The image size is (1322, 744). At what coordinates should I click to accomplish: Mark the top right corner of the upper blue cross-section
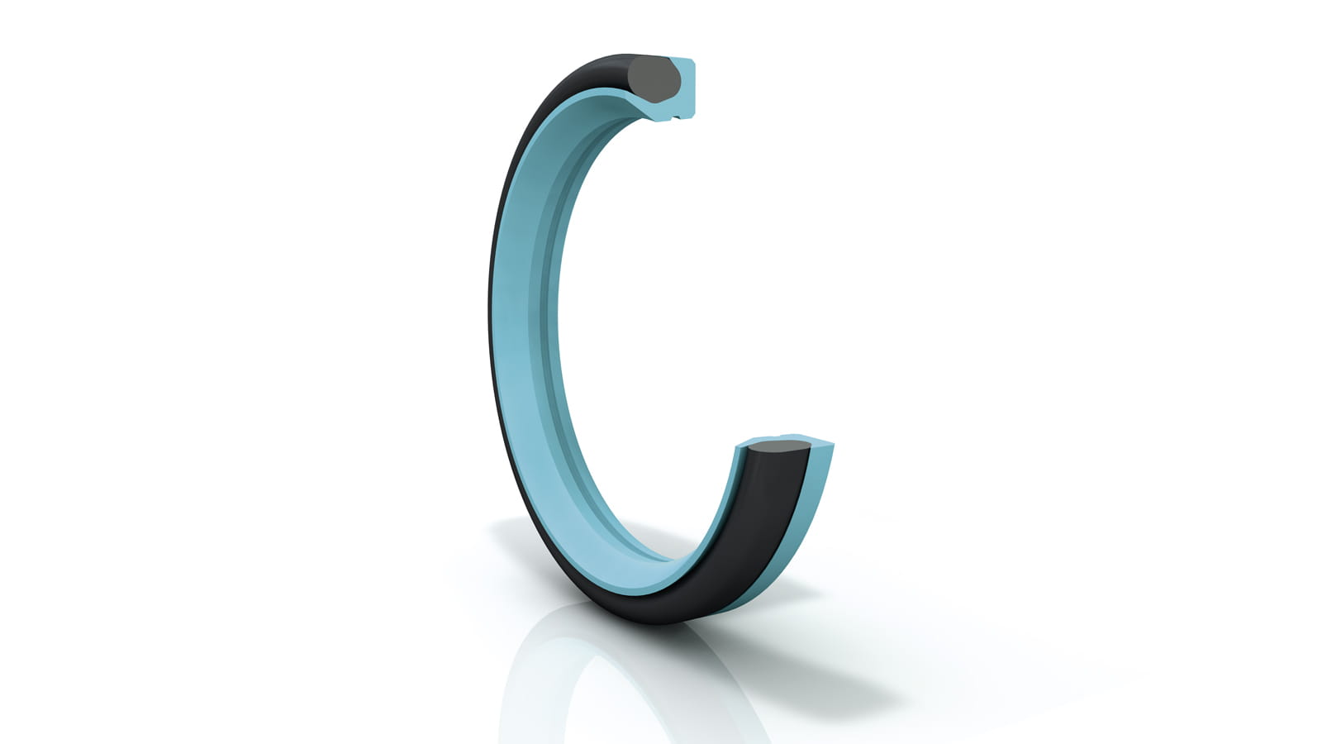click(693, 62)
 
